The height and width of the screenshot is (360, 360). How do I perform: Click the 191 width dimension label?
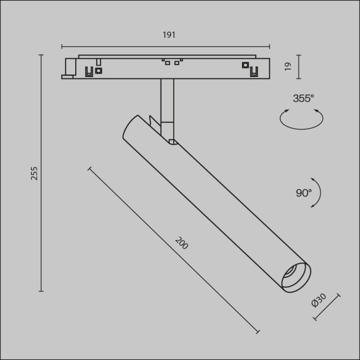tap(169, 35)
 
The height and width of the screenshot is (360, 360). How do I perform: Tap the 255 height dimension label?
tap(34, 173)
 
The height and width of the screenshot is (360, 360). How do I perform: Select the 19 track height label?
tap(287, 66)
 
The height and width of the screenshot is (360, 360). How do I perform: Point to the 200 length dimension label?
tap(182, 243)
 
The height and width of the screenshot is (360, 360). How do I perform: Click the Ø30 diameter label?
tap(319, 300)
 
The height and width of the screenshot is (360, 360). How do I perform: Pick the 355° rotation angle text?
tap(303, 99)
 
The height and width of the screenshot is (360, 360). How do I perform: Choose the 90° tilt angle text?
tap(304, 193)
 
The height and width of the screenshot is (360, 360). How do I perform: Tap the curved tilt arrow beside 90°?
tap(320, 193)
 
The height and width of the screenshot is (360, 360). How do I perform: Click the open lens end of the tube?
tap(296, 278)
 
